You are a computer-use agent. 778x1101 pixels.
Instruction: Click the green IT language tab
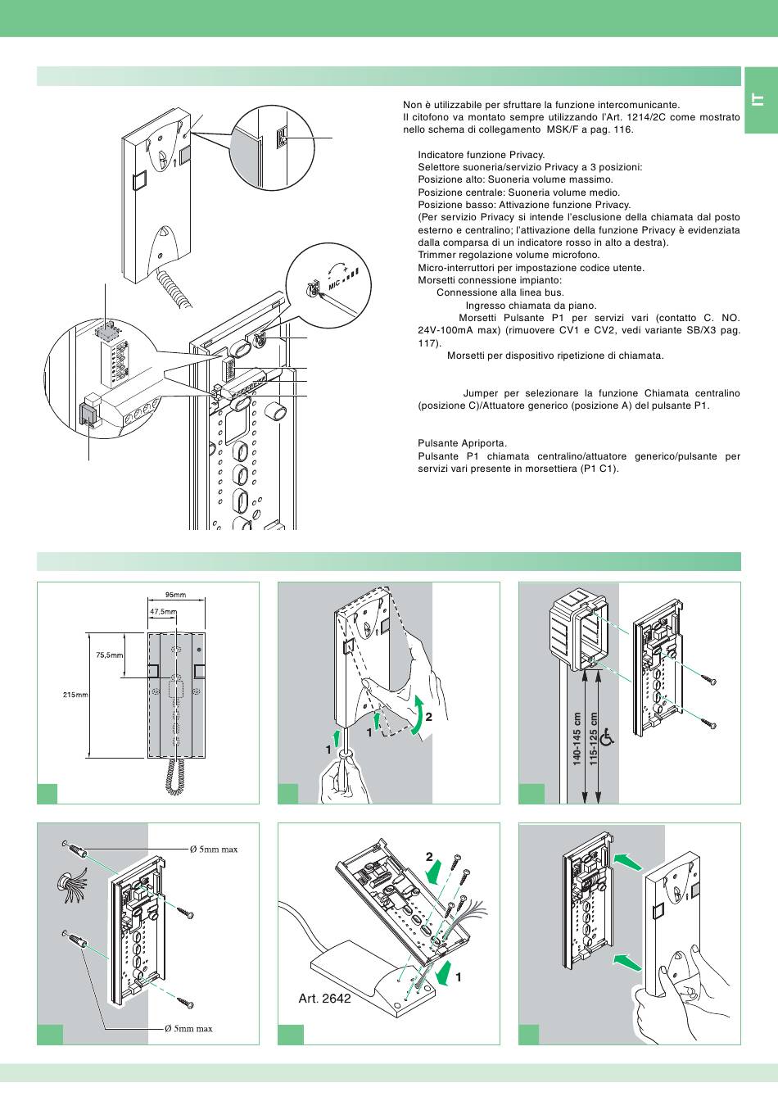[759, 101]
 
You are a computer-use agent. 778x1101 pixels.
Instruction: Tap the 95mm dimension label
[175, 595]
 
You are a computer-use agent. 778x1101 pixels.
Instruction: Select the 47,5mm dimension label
[163, 611]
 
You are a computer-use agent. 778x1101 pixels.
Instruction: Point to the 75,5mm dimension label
[109, 655]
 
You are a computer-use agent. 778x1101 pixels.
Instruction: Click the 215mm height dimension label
[75, 695]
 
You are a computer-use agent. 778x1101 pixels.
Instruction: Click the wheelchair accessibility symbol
[607, 738]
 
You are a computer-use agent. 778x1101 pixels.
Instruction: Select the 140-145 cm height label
[577, 738]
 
